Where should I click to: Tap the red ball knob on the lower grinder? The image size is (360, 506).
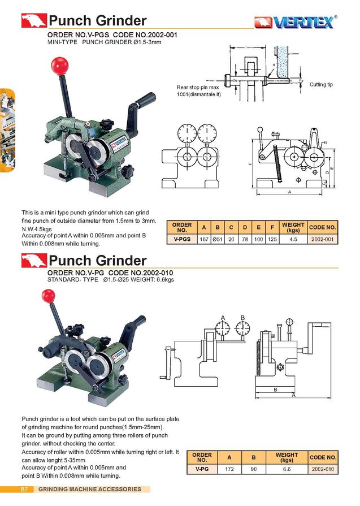(48, 295)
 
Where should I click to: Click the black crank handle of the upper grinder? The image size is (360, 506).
(144, 102)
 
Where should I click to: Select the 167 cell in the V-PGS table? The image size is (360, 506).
(204, 239)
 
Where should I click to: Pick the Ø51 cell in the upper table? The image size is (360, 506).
(218, 239)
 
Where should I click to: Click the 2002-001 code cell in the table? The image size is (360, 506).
(324, 239)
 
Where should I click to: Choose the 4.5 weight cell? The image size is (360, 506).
(293, 239)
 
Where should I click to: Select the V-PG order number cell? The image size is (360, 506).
(202, 469)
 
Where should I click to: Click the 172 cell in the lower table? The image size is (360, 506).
(229, 469)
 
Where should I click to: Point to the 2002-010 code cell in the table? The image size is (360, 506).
(323, 469)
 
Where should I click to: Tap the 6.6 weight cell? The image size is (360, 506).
(287, 469)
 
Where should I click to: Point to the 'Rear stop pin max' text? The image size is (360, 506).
(197, 88)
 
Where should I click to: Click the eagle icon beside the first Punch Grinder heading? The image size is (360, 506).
(33, 21)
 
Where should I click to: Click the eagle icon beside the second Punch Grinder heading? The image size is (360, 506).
(33, 261)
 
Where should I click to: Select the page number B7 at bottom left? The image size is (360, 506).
(24, 488)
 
